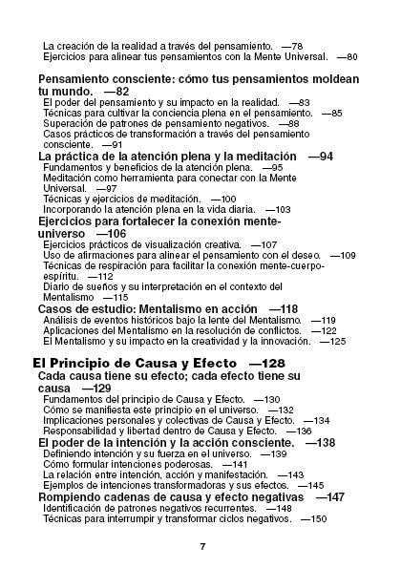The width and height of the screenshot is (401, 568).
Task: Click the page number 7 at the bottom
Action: coord(202,546)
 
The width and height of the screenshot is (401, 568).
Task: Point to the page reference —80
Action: coord(348,57)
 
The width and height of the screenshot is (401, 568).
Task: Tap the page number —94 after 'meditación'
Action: coord(321,156)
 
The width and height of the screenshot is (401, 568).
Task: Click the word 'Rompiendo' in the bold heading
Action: coord(71,497)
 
